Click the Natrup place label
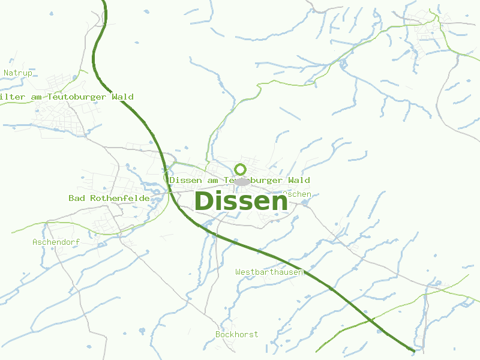18,73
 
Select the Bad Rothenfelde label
109,198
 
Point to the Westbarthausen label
270,272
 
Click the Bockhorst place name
236,334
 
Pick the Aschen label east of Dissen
298,194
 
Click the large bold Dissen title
241,201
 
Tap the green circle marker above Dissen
241,169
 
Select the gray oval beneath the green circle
241,181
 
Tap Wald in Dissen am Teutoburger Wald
299,180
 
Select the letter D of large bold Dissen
205,201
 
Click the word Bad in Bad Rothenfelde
76,198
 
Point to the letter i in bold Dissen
221,201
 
